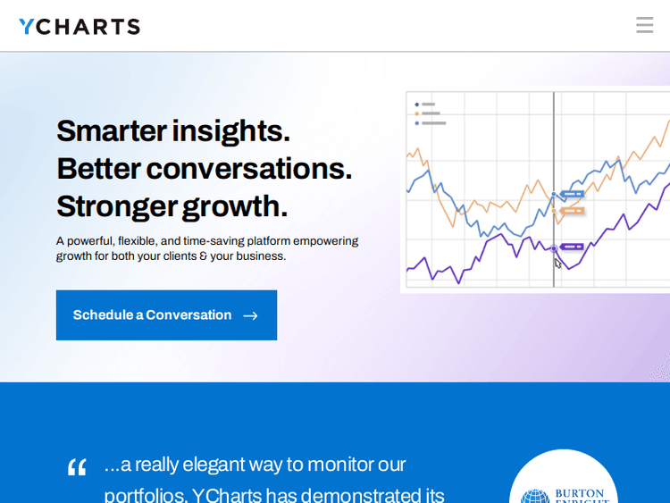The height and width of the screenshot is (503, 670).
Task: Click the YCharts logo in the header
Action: (x=80, y=27)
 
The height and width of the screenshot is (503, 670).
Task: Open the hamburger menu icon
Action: (x=644, y=25)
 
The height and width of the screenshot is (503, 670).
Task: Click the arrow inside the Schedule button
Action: (x=250, y=315)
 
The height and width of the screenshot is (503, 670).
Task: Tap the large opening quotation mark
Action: (x=77, y=466)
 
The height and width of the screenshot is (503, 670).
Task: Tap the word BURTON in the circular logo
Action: (x=579, y=493)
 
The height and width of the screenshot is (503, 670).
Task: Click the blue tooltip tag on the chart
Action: (x=572, y=194)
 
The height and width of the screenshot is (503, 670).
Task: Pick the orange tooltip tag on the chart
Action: (x=572, y=211)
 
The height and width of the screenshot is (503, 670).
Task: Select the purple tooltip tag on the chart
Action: (x=572, y=247)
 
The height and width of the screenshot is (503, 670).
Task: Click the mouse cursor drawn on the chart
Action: (x=558, y=263)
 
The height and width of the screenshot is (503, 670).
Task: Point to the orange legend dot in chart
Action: (x=416, y=113)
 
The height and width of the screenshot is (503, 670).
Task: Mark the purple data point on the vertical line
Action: (x=554, y=248)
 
